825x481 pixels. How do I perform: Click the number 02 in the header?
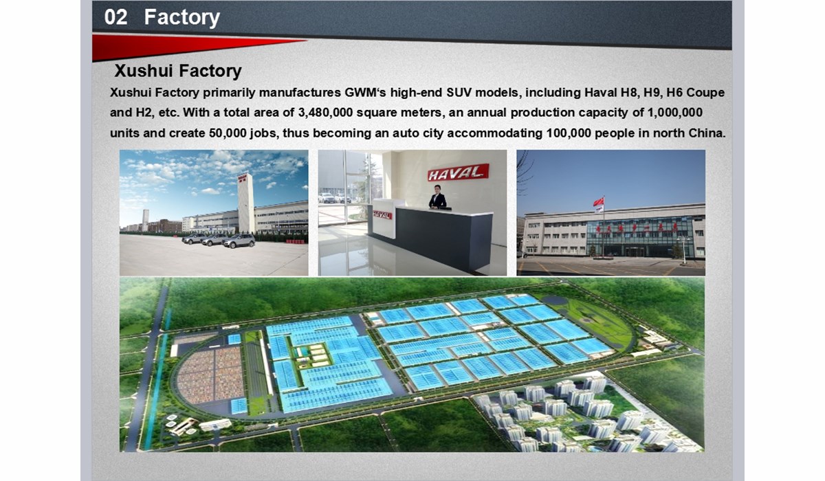tap(115, 17)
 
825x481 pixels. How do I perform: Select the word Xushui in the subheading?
tap(144, 71)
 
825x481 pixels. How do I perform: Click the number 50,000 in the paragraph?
tap(228, 133)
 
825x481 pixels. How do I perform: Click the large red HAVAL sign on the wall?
tap(458, 172)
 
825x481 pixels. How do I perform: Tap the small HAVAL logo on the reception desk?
tap(383, 215)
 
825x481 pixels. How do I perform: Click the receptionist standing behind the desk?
tap(437, 197)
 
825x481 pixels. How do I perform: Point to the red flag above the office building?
tap(598, 202)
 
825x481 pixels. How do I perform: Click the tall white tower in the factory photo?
tap(245, 203)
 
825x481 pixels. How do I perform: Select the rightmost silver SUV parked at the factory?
tap(239, 241)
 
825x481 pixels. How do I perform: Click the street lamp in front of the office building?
tap(684, 249)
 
